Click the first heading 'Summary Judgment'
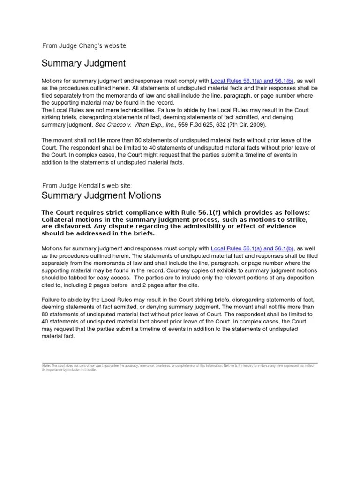(x=83, y=63)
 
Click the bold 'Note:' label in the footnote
(x=46, y=365)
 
